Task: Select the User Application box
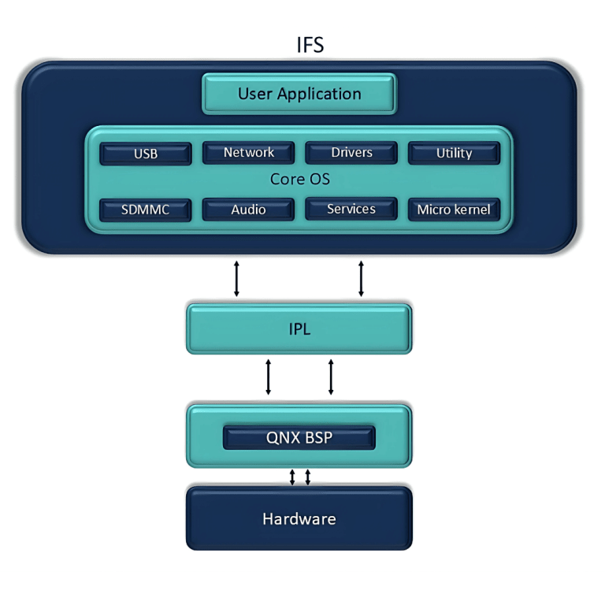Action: point(299,94)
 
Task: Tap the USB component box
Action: point(146,154)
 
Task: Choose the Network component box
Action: point(248,153)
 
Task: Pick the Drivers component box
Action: point(351,153)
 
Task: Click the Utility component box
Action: point(454,154)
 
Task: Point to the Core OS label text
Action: point(299,180)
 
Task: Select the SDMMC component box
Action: point(146,210)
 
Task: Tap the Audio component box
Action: point(248,210)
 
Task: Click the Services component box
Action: point(351,209)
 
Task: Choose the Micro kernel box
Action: point(454,210)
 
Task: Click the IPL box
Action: point(299,329)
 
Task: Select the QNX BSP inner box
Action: point(299,438)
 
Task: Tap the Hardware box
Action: point(299,518)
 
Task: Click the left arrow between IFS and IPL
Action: point(236,279)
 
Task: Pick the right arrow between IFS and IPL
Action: point(362,279)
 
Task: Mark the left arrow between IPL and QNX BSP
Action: point(269,377)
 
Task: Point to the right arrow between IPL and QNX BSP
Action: point(331,377)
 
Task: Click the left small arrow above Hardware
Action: point(292,477)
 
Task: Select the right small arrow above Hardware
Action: point(307,477)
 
